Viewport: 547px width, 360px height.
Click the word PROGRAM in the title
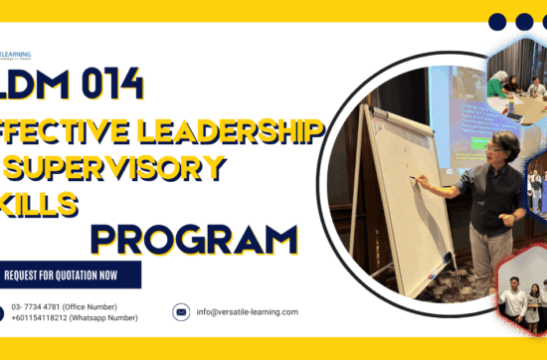tap(194, 239)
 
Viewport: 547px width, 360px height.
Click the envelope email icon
tap(181, 312)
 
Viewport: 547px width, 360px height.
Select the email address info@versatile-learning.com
tap(248, 312)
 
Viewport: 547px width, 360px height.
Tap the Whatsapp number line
tap(75, 318)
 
